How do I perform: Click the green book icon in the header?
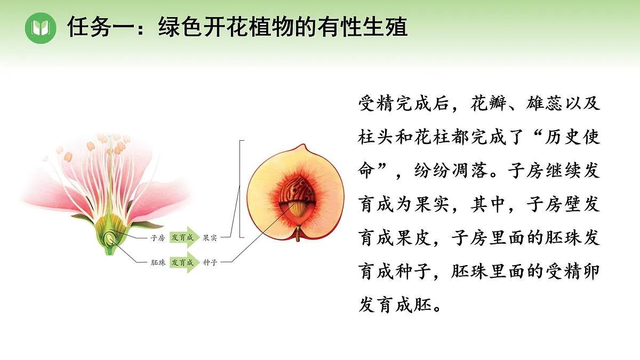point(41,27)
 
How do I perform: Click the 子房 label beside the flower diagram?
point(158,238)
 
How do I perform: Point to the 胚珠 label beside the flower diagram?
point(158,262)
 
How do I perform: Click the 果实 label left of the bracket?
point(210,238)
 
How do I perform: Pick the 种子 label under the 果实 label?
point(210,262)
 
